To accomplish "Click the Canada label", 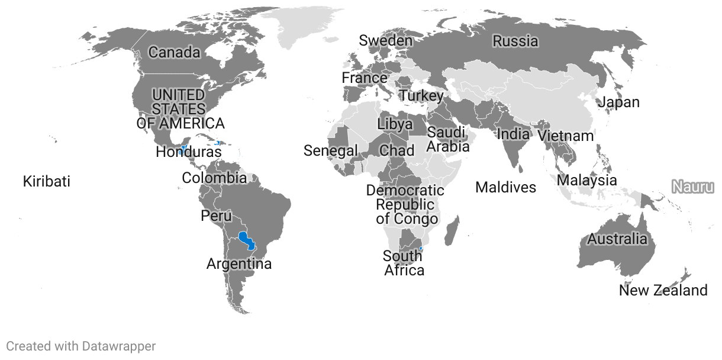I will pyautogui.click(x=174, y=53).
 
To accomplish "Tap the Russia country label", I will pyautogui.click(x=515, y=41).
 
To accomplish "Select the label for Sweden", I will pyautogui.click(x=386, y=40).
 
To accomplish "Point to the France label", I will pyautogui.click(x=365, y=78).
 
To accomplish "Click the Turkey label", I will pyautogui.click(x=421, y=95).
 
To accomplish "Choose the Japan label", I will pyautogui.click(x=618, y=102).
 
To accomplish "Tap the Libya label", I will pyautogui.click(x=395, y=124).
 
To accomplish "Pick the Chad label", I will pyautogui.click(x=397, y=150).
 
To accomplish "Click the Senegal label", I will pyautogui.click(x=331, y=151).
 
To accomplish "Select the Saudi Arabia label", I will pyautogui.click(x=448, y=139).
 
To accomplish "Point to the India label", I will pyautogui.click(x=513, y=134).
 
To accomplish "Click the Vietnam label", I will pyautogui.click(x=566, y=136).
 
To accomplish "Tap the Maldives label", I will pyautogui.click(x=505, y=188).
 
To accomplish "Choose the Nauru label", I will pyautogui.click(x=692, y=187).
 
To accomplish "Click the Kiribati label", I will pyautogui.click(x=46, y=181).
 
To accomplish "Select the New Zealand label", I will pyautogui.click(x=663, y=291).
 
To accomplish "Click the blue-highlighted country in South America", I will pyautogui.click(x=246, y=240).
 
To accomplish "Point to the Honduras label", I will pyautogui.click(x=188, y=152).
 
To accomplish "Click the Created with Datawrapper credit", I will pyautogui.click(x=81, y=346).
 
